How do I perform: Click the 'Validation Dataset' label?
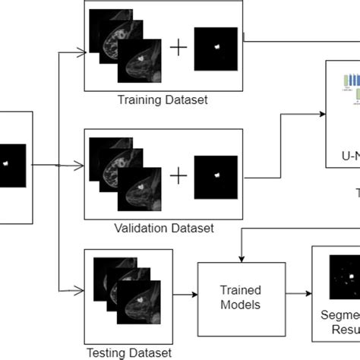(x=163, y=227)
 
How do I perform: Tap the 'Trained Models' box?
(x=241, y=297)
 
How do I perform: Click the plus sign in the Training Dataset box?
(x=178, y=48)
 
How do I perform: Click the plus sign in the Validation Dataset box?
(x=178, y=176)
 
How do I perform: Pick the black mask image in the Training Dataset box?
(x=216, y=49)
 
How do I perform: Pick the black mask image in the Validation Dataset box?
(x=216, y=176)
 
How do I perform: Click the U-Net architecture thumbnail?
(x=352, y=87)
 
